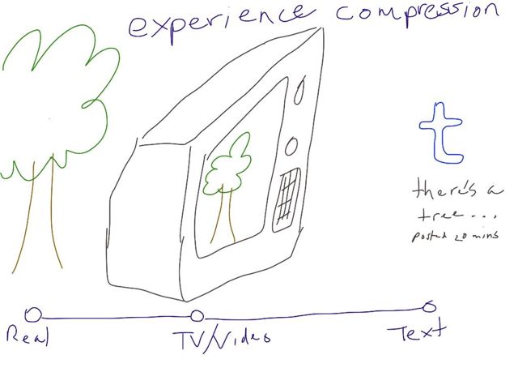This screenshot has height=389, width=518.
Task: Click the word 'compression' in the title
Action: click(x=417, y=12)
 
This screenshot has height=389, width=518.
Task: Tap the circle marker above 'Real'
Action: click(x=32, y=314)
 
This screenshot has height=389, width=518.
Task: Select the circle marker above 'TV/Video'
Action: click(x=197, y=317)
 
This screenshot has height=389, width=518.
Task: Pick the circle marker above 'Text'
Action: click(x=429, y=306)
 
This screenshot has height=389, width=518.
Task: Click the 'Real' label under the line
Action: click(x=27, y=335)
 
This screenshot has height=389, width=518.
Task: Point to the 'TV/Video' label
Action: click(x=220, y=335)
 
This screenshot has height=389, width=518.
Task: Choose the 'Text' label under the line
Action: click(x=416, y=331)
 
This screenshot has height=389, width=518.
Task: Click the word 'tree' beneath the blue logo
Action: click(x=439, y=216)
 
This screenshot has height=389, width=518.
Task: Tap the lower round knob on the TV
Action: click(x=291, y=146)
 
